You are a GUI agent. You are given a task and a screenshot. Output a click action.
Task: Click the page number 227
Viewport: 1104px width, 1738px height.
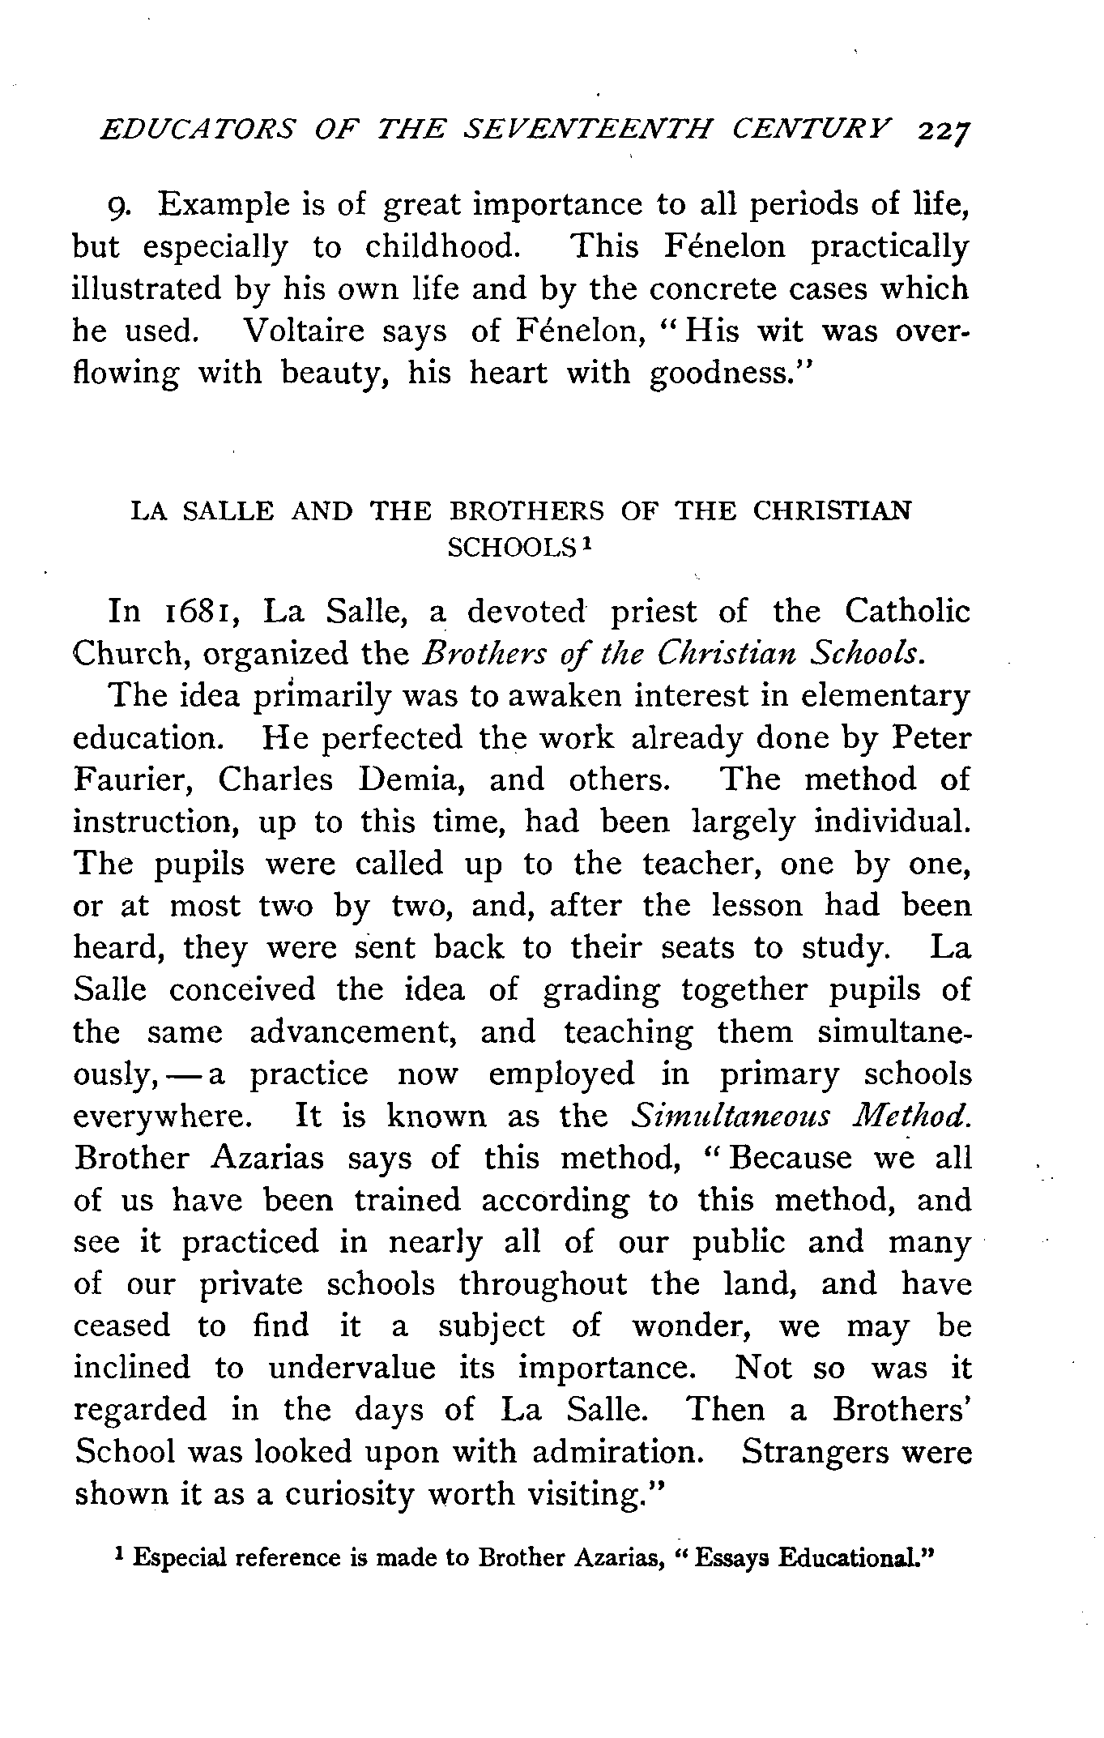click(x=944, y=131)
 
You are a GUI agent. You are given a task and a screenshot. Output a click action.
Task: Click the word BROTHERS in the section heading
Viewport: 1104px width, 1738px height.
click(x=526, y=511)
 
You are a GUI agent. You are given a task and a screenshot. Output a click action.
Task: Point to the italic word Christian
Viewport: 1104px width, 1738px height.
click(x=728, y=653)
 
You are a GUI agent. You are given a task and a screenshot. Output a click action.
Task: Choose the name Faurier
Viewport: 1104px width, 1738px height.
click(x=133, y=780)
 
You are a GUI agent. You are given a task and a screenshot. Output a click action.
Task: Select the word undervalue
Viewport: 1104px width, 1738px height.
click(x=352, y=1369)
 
